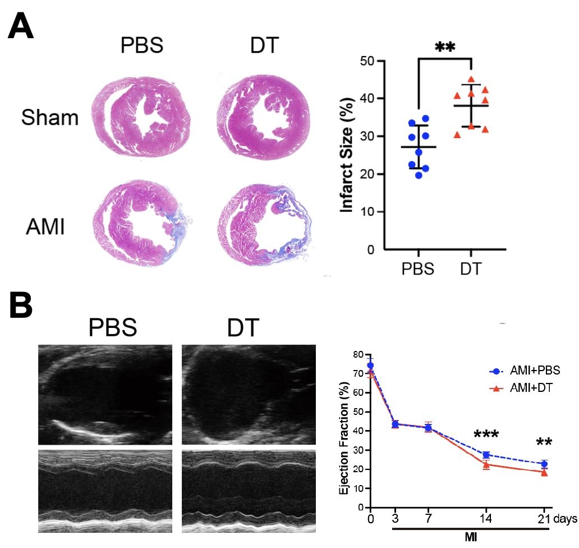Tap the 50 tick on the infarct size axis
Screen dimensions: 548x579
pyautogui.click(x=368, y=61)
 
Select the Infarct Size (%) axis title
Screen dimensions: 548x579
pyautogui.click(x=348, y=155)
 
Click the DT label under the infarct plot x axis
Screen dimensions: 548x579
pyautogui.click(x=471, y=269)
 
